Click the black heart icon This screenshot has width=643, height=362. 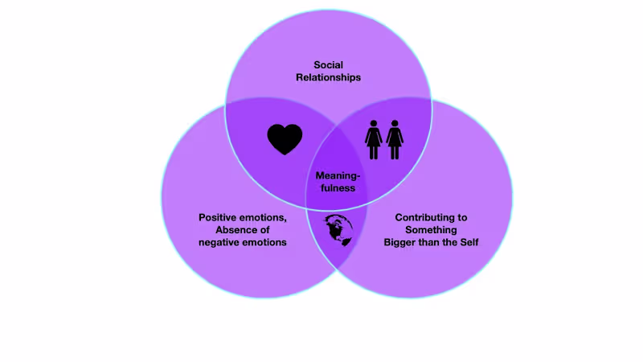click(285, 139)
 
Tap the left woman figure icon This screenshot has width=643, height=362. click(374, 139)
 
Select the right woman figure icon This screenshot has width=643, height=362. click(395, 139)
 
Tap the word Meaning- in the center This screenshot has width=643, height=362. click(337, 175)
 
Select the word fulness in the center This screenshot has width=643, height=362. click(337, 188)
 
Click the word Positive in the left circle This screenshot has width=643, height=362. click(219, 217)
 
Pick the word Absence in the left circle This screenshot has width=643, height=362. click(231, 230)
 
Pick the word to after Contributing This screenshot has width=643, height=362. click(462, 217)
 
